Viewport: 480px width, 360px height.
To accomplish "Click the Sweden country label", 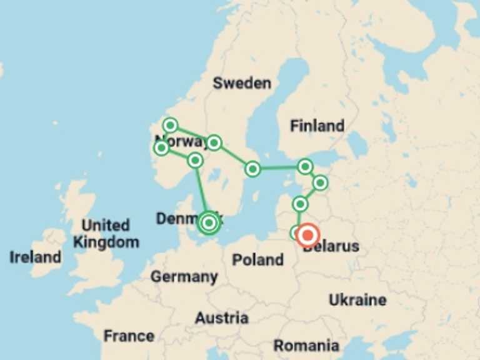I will (x=242, y=83).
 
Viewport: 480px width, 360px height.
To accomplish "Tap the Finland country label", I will (x=317, y=126).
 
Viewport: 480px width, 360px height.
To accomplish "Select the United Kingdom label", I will (x=106, y=234).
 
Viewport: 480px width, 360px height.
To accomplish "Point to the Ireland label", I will (x=36, y=257).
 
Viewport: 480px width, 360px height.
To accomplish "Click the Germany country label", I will (x=184, y=276).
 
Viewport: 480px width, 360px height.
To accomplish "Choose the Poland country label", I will (x=257, y=259).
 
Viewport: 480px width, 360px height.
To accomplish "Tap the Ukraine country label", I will (x=357, y=299).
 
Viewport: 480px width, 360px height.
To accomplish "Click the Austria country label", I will (x=221, y=318).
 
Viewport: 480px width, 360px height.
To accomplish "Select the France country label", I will (x=129, y=336).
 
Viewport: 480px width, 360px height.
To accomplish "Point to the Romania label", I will (x=306, y=345).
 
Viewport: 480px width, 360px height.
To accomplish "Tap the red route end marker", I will (x=308, y=236).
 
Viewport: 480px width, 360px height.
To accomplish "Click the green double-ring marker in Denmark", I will (x=209, y=223).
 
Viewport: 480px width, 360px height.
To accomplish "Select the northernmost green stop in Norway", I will (x=170, y=125).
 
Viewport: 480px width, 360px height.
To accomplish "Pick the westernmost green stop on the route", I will (x=162, y=147).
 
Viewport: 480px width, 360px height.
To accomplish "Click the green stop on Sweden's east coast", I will (x=252, y=169).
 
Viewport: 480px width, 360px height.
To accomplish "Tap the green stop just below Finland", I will (x=304, y=166).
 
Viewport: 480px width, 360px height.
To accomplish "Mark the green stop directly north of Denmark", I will (x=195, y=161).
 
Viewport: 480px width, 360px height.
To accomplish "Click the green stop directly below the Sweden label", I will (x=214, y=143).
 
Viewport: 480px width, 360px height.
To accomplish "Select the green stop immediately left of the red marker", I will (x=296, y=233).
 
